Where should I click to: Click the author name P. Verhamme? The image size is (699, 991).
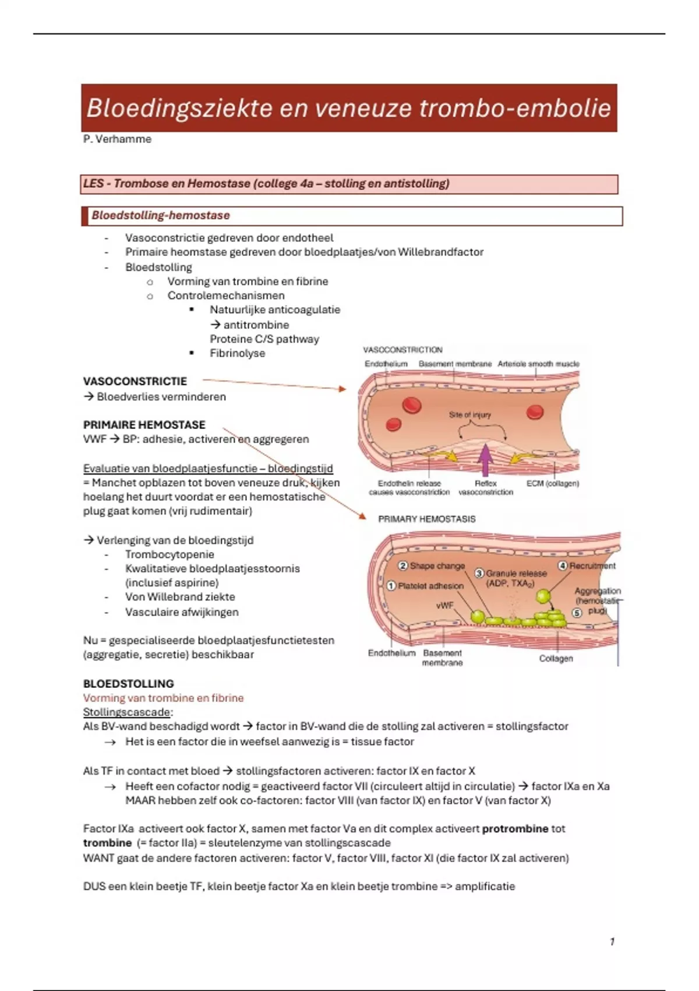pos(118,139)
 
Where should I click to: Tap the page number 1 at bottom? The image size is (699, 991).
pos(612,941)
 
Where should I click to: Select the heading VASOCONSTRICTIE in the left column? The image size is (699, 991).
pos(135,381)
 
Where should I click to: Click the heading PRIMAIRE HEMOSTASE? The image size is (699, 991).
pos(144,424)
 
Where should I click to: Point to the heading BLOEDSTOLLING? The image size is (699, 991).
pos(129,683)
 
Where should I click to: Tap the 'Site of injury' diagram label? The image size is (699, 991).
pos(469,415)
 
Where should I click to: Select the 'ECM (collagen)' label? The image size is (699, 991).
pos(553,483)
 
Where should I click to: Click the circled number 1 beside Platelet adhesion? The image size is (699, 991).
pos(391,586)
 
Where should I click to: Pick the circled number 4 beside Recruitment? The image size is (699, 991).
pos(563,565)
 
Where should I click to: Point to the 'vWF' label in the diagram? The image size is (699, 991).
pos(444,606)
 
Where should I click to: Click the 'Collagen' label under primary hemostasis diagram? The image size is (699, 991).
pos(556,659)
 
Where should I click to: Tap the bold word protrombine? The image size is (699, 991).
pos(515,828)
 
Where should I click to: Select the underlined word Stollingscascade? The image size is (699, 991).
pos(127,712)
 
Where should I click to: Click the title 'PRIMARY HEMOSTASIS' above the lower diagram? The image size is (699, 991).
pos(426,519)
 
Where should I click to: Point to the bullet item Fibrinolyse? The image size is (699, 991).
pos(237,353)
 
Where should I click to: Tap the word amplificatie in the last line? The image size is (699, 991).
pos(485,886)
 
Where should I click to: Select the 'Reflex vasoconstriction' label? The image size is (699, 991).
pos(486,488)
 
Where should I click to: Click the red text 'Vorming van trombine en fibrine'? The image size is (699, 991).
pos(163,698)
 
